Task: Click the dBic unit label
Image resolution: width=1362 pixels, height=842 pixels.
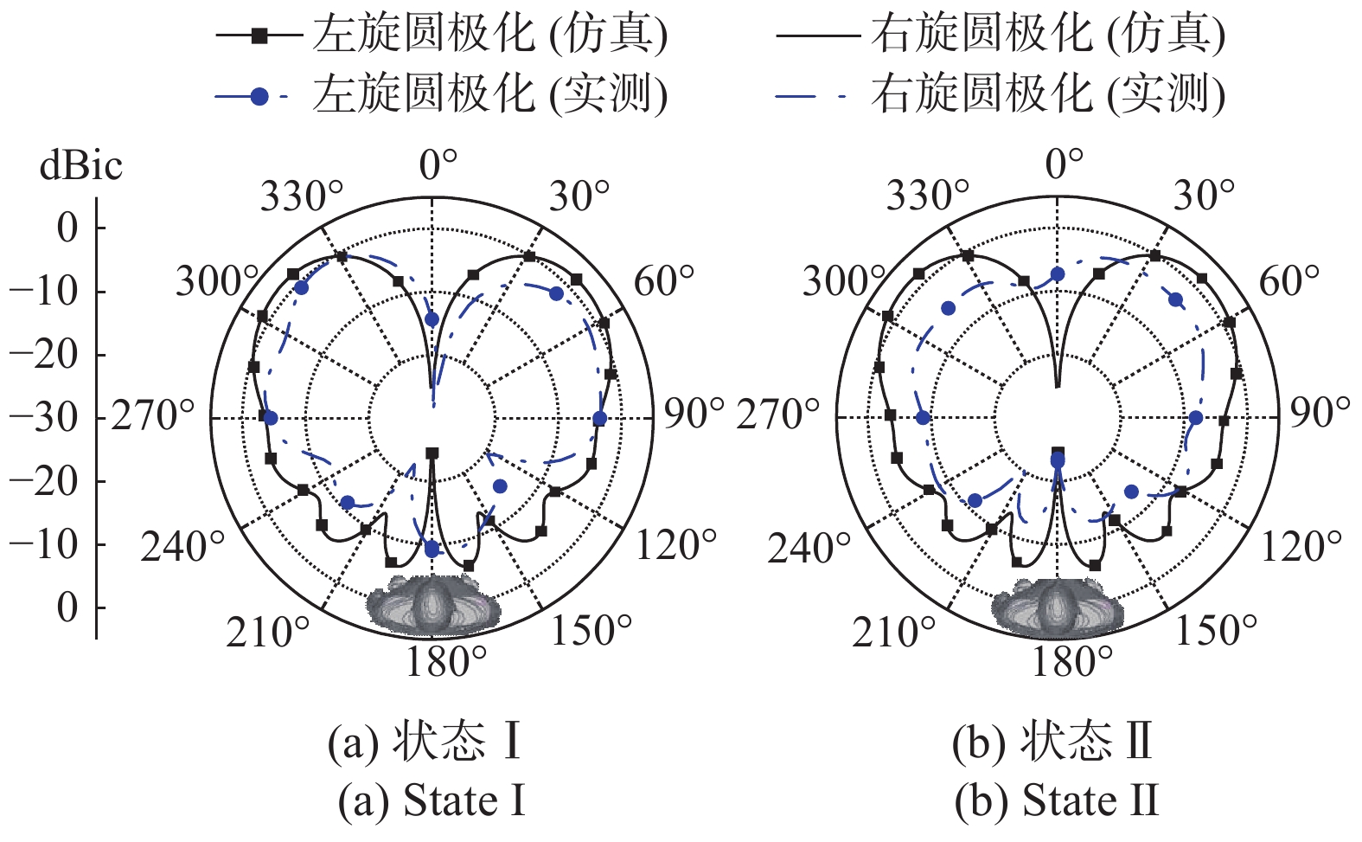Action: click(x=81, y=165)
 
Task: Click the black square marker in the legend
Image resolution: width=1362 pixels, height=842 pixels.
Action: click(x=259, y=36)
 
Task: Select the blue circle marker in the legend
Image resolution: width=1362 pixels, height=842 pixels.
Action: click(x=259, y=97)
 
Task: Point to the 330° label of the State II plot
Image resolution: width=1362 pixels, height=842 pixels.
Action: click(x=927, y=196)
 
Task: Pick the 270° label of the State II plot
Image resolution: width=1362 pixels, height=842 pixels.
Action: click(x=777, y=415)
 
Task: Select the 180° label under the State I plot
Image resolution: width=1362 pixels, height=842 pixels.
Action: click(x=446, y=662)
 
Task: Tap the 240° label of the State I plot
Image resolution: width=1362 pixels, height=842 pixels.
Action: click(x=182, y=546)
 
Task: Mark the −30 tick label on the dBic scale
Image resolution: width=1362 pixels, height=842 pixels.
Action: click(x=44, y=419)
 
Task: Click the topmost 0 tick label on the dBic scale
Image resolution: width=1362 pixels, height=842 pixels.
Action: click(x=67, y=228)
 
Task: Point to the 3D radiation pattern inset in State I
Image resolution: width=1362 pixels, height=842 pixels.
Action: click(x=432, y=605)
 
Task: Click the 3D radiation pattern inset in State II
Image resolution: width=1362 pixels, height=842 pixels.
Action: click(x=1058, y=607)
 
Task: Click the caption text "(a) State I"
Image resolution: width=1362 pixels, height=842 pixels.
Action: click(x=432, y=800)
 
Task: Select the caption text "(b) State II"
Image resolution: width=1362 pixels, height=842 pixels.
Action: click(x=1057, y=800)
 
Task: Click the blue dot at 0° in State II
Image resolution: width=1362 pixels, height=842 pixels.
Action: click(x=1058, y=274)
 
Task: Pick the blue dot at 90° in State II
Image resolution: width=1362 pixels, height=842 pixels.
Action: click(x=1195, y=418)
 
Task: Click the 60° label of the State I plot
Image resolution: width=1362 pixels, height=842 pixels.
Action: click(x=664, y=281)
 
